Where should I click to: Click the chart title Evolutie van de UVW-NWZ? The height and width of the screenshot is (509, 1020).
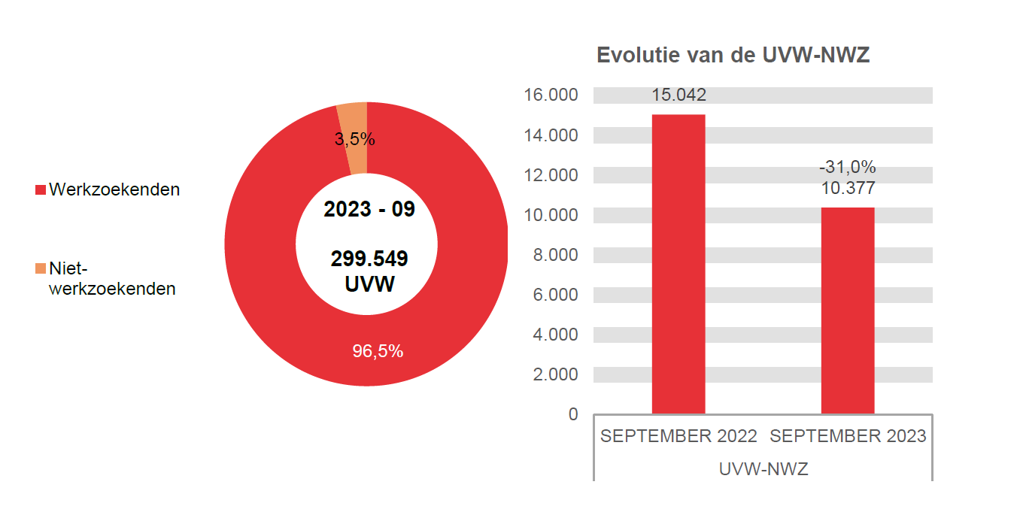pos(733,55)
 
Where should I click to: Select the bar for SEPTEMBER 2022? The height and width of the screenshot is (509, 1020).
pos(678,263)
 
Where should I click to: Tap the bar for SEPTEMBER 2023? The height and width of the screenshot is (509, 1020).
pos(847,310)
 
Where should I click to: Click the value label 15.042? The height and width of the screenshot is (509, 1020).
pos(678,95)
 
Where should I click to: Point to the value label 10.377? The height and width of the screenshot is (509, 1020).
pos(848,188)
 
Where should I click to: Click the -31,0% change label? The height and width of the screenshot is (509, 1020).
pos(848,168)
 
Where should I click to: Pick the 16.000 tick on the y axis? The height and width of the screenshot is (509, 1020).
pos(551,95)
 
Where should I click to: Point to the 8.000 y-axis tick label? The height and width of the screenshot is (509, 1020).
pos(555,255)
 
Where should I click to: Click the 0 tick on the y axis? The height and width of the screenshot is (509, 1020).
pos(573,414)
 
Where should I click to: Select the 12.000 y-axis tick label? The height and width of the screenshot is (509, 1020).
pos(551,175)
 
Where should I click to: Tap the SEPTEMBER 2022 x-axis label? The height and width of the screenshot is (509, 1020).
pos(678,436)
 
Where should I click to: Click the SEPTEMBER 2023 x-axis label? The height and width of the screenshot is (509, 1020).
pos(848,436)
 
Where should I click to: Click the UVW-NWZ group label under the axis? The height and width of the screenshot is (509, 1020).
pos(763,469)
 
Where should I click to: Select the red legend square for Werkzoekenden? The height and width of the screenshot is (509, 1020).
pos(41,189)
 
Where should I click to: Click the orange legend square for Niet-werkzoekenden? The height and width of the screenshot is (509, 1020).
pos(41,269)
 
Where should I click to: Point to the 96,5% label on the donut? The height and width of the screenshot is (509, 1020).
pos(378,351)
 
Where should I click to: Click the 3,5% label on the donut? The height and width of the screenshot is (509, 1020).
pos(354,139)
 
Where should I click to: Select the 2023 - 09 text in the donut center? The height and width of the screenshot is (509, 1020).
pos(369,209)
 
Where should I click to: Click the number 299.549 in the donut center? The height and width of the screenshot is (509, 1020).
pos(369,259)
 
